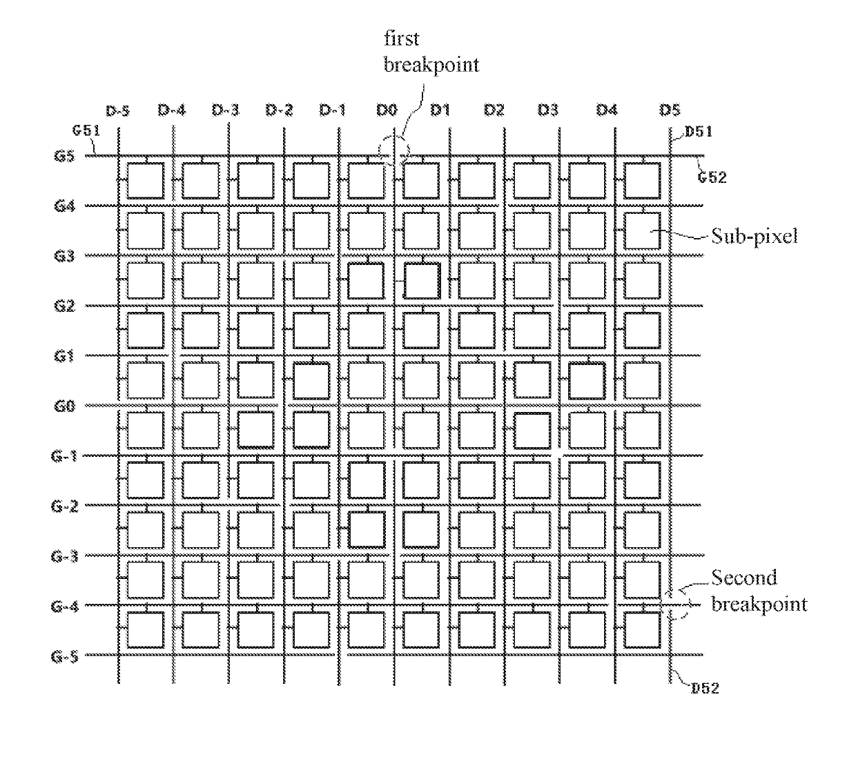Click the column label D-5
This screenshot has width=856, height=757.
[117, 110]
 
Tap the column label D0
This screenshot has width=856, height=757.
[387, 110]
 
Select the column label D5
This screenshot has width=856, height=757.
[669, 110]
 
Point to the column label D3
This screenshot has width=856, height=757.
[547, 110]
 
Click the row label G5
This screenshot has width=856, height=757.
[64, 155]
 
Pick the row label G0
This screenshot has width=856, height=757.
[64, 406]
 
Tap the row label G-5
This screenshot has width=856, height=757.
[64, 656]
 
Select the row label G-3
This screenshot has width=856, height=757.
[64, 556]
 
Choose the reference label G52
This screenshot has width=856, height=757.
[712, 177]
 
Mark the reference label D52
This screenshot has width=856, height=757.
[705, 688]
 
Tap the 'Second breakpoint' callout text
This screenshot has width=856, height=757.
[758, 591]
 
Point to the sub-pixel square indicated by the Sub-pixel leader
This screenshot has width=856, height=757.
[642, 230]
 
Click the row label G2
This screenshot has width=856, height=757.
[64, 306]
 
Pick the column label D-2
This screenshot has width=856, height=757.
[279, 110]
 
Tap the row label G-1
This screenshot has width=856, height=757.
[64, 456]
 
